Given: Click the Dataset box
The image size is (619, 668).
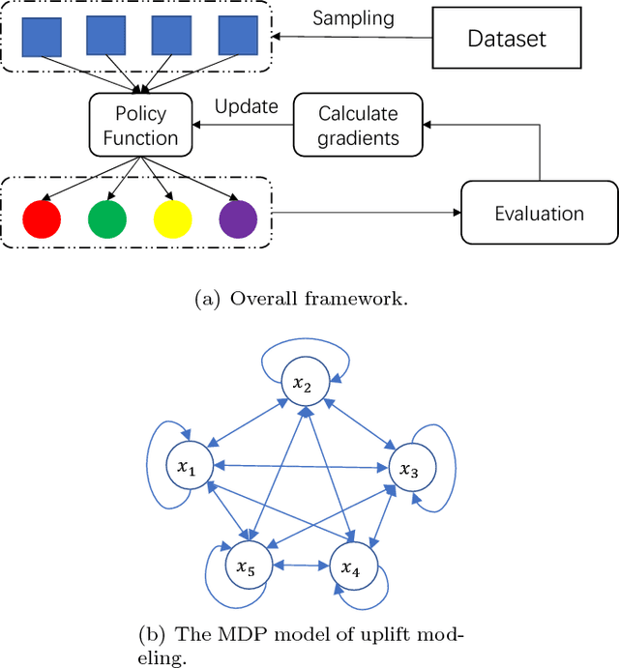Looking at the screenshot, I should click(507, 39).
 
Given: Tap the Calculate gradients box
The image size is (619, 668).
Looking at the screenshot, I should click(359, 125).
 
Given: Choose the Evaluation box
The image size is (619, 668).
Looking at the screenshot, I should click(538, 213).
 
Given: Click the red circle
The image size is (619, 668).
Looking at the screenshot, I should click(41, 218).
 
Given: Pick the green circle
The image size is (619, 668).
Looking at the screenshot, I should click(107, 218).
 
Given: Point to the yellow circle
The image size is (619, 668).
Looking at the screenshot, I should click(172, 218).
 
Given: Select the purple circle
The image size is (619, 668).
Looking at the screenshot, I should click(238, 218).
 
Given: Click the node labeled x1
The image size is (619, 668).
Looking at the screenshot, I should click(186, 468).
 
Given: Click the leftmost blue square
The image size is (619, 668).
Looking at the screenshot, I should click(41, 35).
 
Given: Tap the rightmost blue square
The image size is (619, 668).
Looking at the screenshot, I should click(238, 35).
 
